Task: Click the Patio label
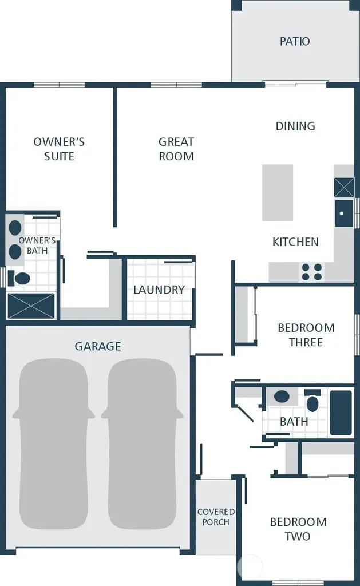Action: [295, 41]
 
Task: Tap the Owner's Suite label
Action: [59, 149]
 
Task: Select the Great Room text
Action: [176, 149]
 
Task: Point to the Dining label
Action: [295, 126]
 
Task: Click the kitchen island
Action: [278, 192]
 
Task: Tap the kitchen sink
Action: [344, 213]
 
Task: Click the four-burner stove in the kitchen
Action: [312, 272]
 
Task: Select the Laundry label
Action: [159, 290]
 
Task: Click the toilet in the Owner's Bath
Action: [19, 278]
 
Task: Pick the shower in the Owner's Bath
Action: [31, 306]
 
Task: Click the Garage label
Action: [98, 346]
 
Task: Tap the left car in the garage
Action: [53, 444]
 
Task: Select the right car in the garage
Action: [142, 444]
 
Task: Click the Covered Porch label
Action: [216, 517]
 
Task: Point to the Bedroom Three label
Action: [306, 335]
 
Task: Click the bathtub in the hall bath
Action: [341, 413]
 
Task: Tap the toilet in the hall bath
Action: [312, 401]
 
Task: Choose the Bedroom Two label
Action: [298, 529]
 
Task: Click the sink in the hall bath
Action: [282, 397]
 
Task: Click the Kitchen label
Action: [295, 242]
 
